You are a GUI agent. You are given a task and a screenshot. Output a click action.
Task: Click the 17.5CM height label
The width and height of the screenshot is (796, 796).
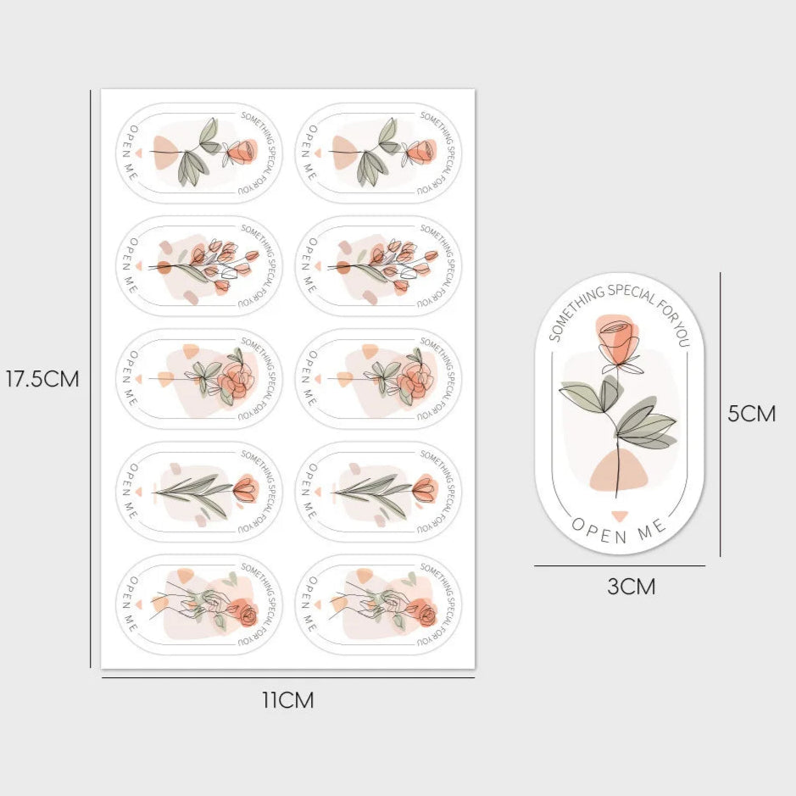tap(42, 379)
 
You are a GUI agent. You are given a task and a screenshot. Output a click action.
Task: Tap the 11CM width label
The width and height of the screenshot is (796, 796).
tap(288, 700)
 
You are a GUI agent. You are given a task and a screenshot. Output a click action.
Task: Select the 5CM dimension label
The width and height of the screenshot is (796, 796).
tap(751, 414)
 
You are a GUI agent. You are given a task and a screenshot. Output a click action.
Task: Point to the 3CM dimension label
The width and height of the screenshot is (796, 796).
tap(631, 587)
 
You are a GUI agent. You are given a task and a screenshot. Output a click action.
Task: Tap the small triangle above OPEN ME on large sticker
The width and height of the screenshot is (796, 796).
tap(620, 515)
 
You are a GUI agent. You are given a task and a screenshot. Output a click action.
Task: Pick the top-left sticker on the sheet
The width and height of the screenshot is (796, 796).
tap(198, 153)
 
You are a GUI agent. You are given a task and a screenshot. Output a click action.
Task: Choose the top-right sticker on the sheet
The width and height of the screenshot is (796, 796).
tap(378, 153)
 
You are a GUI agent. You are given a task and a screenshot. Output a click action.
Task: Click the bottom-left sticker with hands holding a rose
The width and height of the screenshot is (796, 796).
tap(198, 604)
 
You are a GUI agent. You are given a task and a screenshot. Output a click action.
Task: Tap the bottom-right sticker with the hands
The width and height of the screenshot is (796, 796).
tap(378, 604)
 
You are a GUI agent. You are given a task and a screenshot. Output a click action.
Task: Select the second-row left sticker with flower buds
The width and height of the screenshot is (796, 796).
tap(198, 266)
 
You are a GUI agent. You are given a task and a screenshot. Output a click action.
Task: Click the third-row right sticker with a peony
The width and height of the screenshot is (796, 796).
tap(378, 379)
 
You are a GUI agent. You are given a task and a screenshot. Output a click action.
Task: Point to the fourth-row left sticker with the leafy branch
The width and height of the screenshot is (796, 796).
tap(198, 492)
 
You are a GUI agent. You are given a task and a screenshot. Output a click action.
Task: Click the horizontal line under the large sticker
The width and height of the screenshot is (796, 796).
tap(620, 565)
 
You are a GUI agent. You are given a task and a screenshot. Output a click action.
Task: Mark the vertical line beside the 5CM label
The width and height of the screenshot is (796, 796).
tap(720, 415)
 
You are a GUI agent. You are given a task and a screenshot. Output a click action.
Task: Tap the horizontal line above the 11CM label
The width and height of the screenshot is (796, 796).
tap(288, 677)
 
